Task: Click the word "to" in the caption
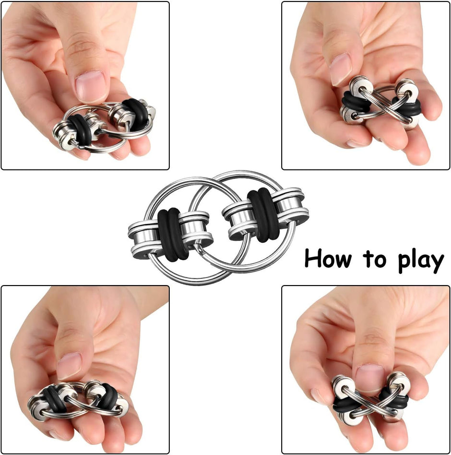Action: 374,259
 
